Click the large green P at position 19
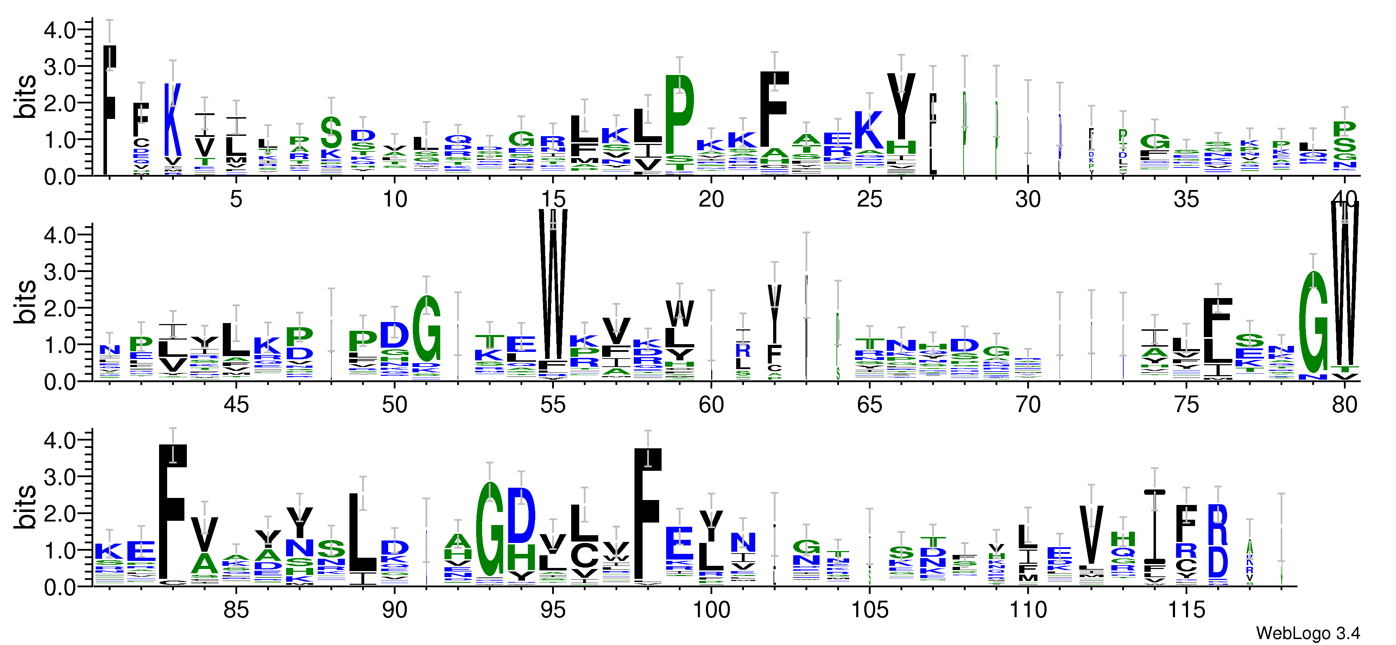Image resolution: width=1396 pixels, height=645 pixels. [x=679, y=115]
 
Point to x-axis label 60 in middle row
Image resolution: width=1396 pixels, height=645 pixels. [x=710, y=405]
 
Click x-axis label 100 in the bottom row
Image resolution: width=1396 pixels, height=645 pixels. [x=710, y=610]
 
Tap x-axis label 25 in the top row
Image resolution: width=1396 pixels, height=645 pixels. [x=869, y=200]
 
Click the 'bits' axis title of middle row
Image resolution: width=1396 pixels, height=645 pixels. [x=25, y=302]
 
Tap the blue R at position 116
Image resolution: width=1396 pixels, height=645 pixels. [x=1217, y=525]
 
